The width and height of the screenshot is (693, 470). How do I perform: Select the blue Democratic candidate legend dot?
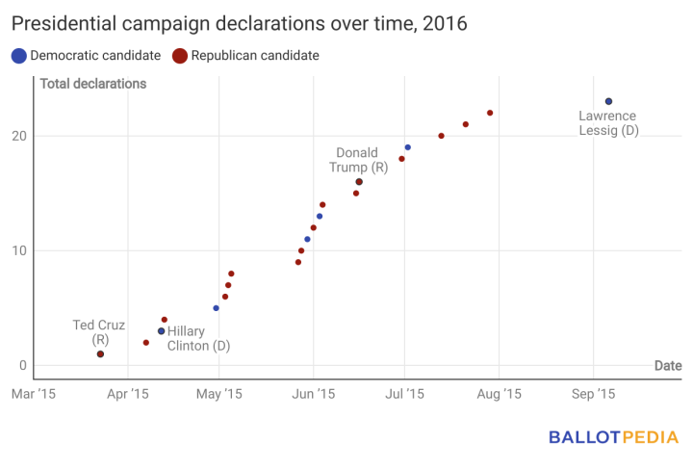pyautogui.click(x=19, y=56)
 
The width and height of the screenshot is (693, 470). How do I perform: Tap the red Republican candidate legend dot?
pyautogui.click(x=180, y=56)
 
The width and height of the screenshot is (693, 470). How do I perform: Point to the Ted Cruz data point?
pyautogui.click(x=100, y=354)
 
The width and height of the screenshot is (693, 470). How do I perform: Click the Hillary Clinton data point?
pyautogui.click(x=161, y=331)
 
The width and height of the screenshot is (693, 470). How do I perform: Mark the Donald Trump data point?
pyautogui.click(x=359, y=181)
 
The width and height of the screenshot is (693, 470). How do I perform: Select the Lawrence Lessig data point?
pyautogui.click(x=608, y=101)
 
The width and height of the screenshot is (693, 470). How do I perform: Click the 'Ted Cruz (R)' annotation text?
pyautogui.click(x=100, y=332)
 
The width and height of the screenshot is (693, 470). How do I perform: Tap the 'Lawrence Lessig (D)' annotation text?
pyautogui.click(x=607, y=123)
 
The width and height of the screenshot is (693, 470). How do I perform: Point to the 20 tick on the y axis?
pyautogui.click(x=20, y=136)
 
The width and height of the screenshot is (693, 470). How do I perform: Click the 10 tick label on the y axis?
pyautogui.click(x=20, y=250)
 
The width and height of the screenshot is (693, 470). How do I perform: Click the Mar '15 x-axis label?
pyautogui.click(x=35, y=393)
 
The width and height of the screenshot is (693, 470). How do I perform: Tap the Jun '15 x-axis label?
pyautogui.click(x=313, y=393)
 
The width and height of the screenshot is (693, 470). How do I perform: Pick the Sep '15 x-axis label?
pyautogui.click(x=593, y=393)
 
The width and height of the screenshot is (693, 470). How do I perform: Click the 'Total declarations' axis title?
pyautogui.click(x=93, y=84)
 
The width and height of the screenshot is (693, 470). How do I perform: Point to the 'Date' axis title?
pyautogui.click(x=668, y=366)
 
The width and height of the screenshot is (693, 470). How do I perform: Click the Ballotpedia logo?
pyautogui.click(x=613, y=437)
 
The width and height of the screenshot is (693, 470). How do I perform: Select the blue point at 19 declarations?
pyautogui.click(x=407, y=147)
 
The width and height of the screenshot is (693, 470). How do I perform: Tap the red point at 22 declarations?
pyautogui.click(x=490, y=113)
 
